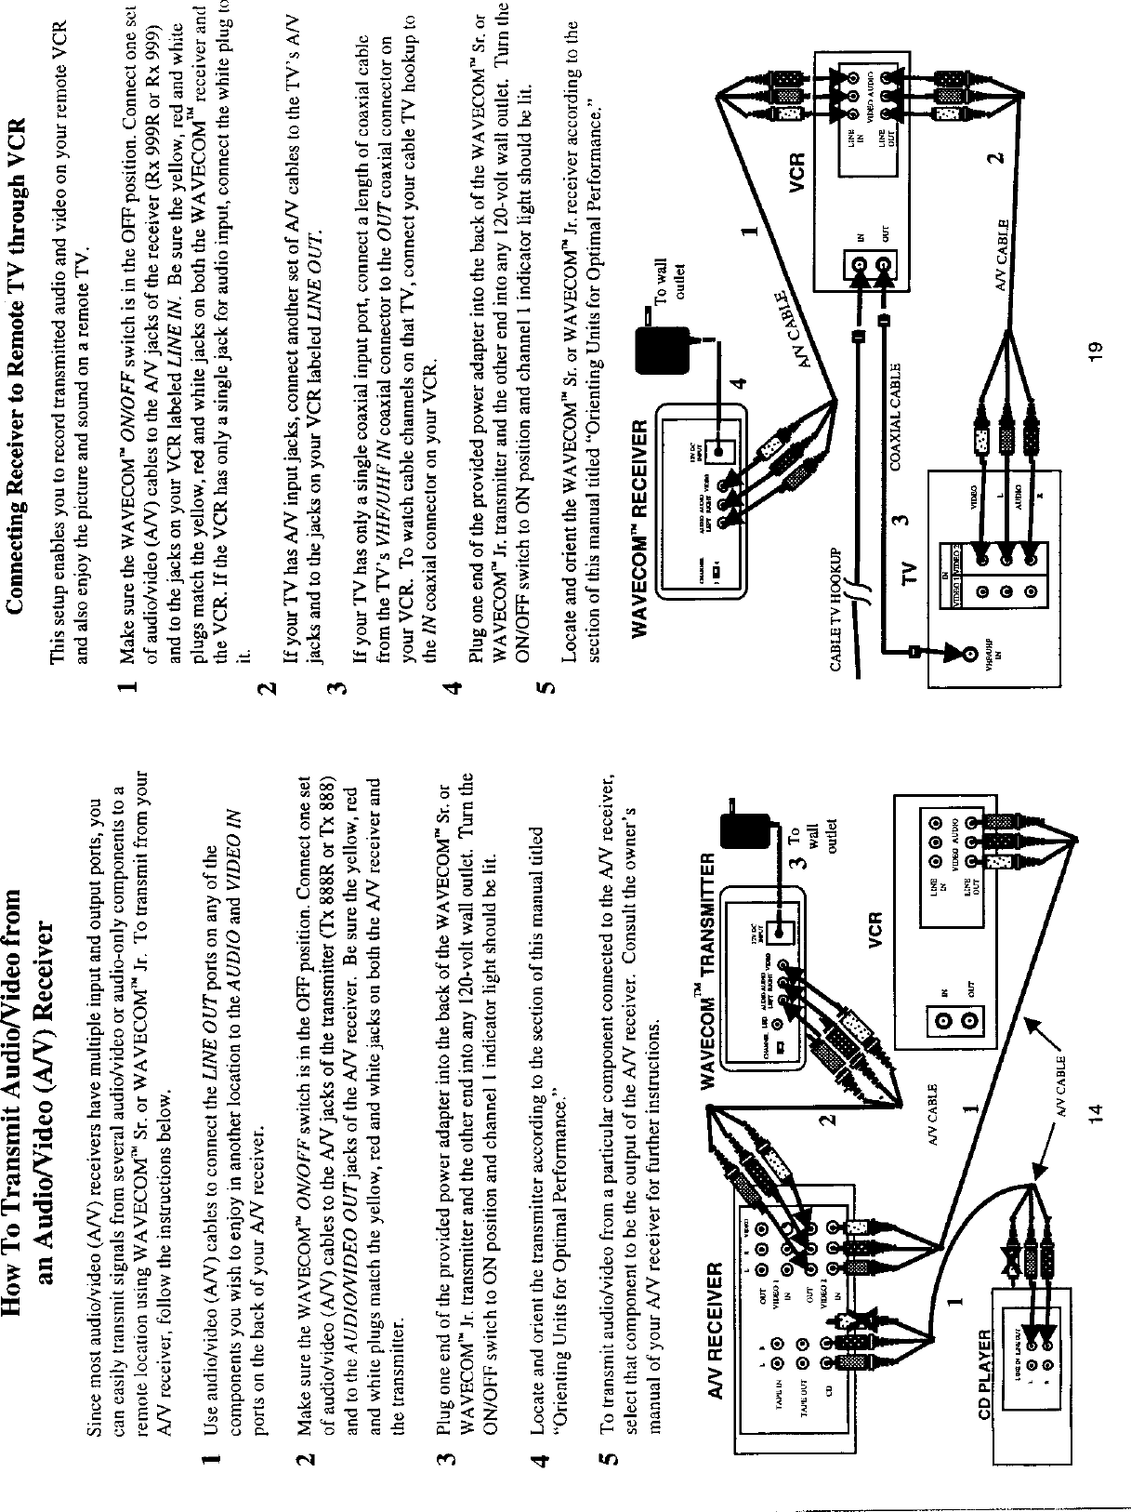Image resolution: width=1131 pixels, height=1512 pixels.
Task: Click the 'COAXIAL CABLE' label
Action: point(899,416)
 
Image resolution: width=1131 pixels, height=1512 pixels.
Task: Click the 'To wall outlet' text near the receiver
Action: point(670,250)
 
